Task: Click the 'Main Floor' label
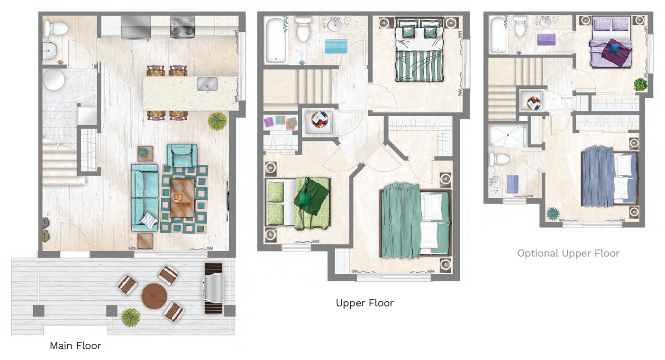(75, 346)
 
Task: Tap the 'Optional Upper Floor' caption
(568, 253)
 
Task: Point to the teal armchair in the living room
(182, 155)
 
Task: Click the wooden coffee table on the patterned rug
(182, 197)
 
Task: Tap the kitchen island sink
(208, 84)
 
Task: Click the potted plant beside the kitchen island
(217, 121)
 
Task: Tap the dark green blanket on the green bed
(310, 195)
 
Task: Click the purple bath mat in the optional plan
(546, 39)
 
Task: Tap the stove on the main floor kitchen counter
(182, 27)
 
